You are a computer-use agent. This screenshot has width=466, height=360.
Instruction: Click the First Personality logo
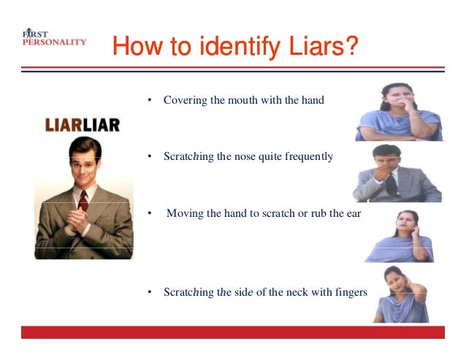coord(54,39)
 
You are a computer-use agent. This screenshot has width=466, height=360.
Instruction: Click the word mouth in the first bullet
coord(242,100)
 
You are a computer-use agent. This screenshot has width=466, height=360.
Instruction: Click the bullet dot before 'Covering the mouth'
coord(149,100)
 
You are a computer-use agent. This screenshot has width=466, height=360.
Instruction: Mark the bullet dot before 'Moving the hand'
coord(149,213)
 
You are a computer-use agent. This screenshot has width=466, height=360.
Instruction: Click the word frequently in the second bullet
coord(309,156)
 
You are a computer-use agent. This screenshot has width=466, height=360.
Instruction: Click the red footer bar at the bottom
coord(232,332)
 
